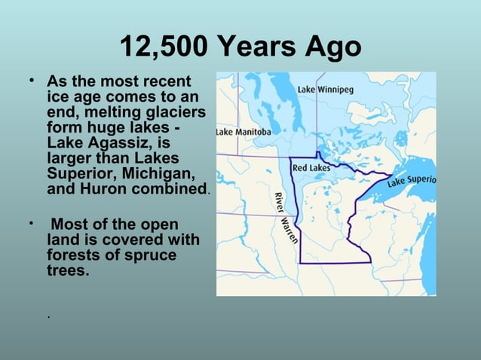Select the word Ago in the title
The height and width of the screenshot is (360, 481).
[332, 48]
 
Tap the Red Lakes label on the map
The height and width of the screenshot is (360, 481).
[311, 166]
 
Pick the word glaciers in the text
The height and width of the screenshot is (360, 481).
[173, 111]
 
